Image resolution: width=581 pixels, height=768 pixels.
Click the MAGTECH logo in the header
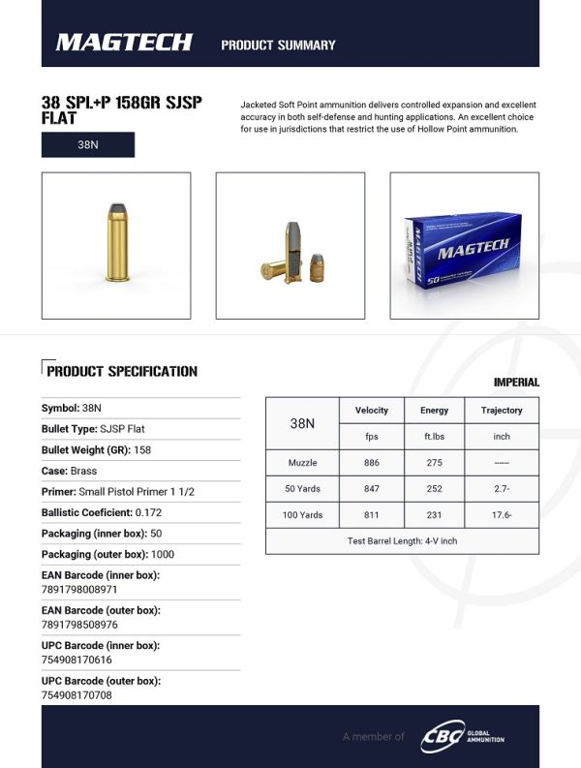[124, 44]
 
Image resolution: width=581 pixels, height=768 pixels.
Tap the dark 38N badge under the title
[88, 144]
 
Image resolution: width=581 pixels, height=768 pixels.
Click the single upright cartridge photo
[115, 244]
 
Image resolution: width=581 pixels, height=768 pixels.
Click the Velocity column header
[372, 411]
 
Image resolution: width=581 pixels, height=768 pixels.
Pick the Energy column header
[434, 411]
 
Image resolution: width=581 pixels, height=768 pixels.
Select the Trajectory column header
[502, 411]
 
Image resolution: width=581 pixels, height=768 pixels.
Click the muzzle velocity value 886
[372, 463]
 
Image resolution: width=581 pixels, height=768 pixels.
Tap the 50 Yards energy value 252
[434, 489]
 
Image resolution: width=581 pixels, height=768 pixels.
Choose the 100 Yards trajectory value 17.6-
[502, 515]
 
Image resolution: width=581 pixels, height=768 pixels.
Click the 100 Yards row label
[303, 515]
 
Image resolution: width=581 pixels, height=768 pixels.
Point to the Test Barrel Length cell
[402, 541]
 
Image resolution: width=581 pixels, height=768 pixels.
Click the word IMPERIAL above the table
[516, 384]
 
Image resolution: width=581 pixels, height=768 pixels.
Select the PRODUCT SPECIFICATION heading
[122, 371]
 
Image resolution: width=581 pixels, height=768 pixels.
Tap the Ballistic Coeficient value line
[102, 512]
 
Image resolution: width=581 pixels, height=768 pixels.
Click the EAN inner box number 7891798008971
[79, 589]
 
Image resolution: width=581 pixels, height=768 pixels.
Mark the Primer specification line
[118, 492]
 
